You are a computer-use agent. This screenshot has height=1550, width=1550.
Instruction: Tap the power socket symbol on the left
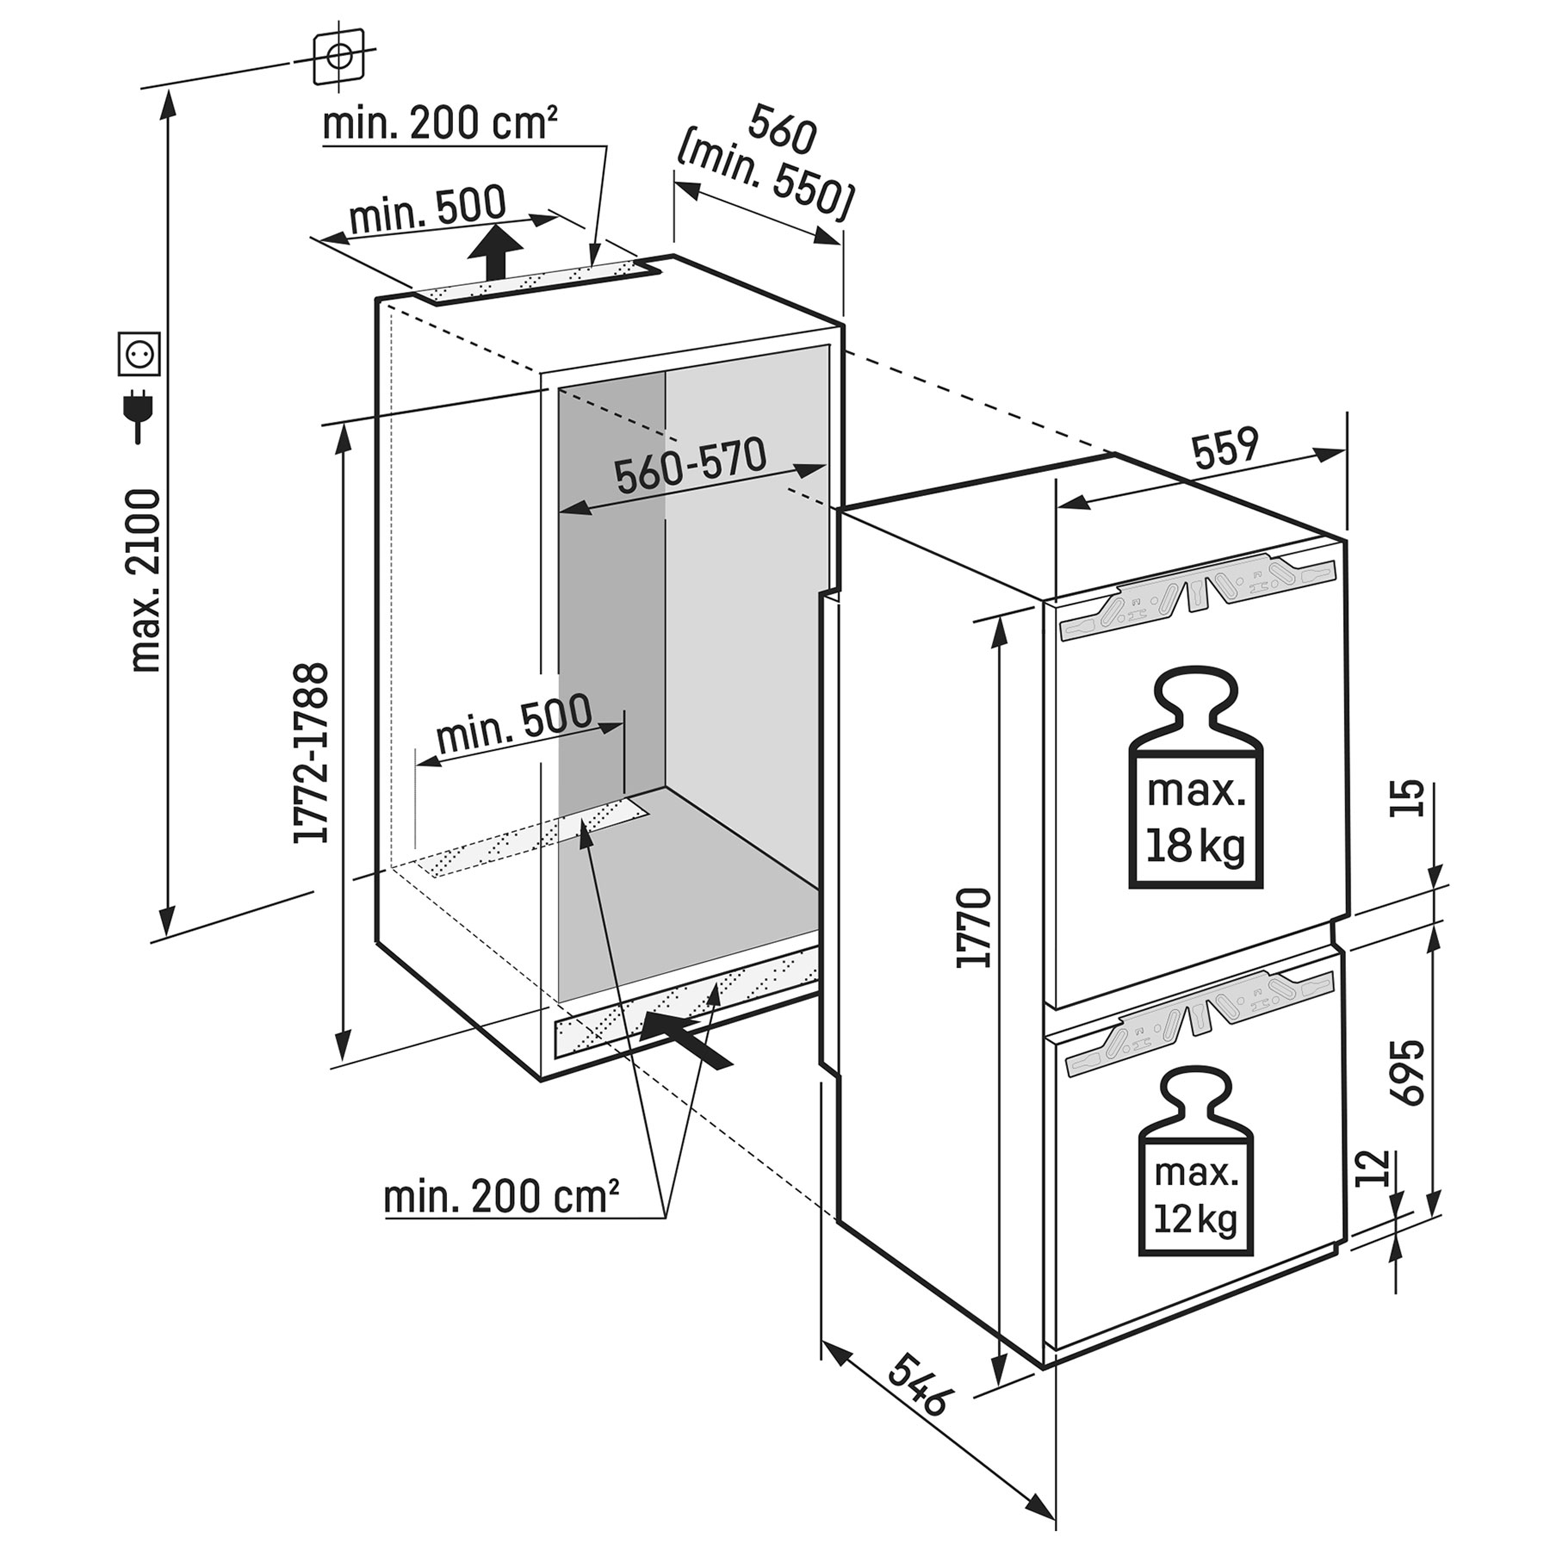139,353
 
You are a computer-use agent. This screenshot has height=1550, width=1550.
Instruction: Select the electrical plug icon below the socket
137,416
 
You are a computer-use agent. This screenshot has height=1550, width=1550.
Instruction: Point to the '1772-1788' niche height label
311,753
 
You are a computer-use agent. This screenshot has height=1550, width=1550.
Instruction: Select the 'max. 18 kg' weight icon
1196,778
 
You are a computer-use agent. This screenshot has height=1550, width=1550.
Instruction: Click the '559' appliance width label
1225,449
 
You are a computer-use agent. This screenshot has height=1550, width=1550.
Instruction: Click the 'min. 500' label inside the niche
515,724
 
